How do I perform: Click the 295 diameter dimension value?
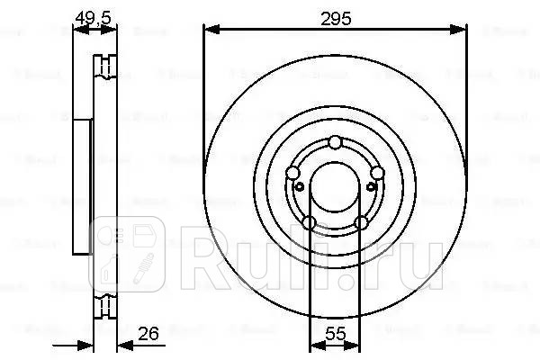tap(335, 17)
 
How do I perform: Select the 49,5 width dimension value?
tap(87, 17)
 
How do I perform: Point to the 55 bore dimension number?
tap(335, 333)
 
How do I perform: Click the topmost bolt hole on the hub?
tap(335, 141)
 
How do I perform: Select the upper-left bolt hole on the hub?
tap(292, 174)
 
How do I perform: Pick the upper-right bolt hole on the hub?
tap(377, 174)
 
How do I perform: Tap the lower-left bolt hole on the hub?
tap(309, 222)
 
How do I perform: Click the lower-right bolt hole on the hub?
tap(361, 222)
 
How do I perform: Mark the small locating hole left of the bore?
tap(298, 186)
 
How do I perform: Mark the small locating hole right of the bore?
tap(372, 186)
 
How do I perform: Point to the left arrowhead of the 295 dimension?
tap(210, 29)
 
